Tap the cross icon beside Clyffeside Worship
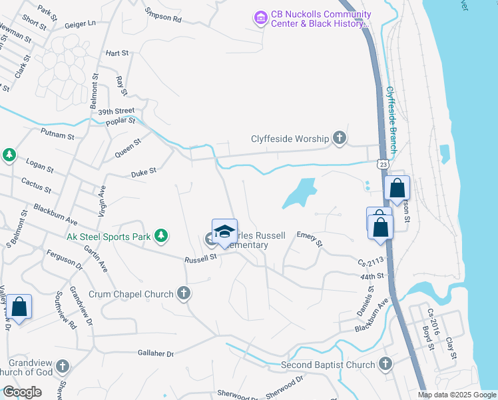point(339,139)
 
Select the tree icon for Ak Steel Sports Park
point(160,235)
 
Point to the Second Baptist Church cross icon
point(385,364)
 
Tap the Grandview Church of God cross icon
point(62,366)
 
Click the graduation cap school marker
point(224,231)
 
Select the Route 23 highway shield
point(381,164)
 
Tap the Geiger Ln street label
point(81,24)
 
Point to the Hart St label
point(116,53)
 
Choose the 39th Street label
point(116,111)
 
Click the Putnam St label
point(57,135)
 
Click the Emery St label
point(310,239)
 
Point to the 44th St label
point(372,275)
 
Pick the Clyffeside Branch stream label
point(391,120)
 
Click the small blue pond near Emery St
point(300,193)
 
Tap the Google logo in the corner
point(22,392)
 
